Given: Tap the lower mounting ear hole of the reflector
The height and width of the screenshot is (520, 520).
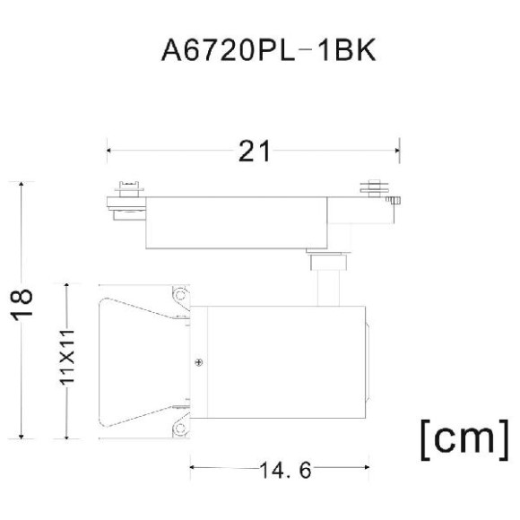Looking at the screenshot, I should click(180, 430).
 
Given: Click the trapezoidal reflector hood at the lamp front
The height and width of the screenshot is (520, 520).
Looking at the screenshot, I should click(134, 362).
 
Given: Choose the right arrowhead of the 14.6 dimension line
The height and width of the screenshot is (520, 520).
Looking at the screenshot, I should click(367, 467).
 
